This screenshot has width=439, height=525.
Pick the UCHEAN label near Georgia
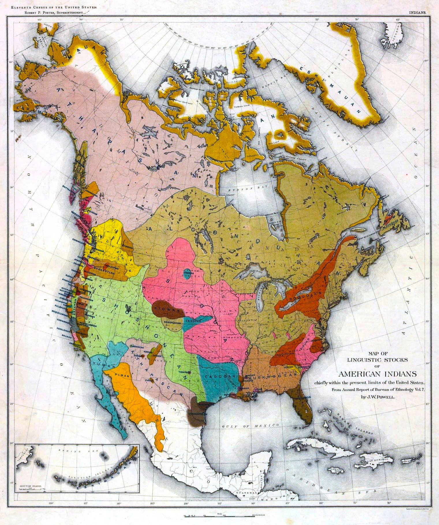(288, 367)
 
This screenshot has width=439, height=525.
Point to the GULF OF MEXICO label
(250, 426)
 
